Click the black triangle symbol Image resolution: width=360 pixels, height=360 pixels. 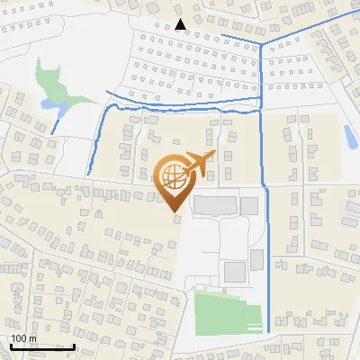pyautogui.click(x=182, y=24)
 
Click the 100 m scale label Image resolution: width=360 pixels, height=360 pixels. pyautogui.click(x=23, y=338)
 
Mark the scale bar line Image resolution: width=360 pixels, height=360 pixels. pyautogui.click(x=42, y=346)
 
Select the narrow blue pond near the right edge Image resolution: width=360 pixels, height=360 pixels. pyautogui.click(x=349, y=137)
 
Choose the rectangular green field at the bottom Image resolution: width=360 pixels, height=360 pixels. pyautogui.click(x=229, y=310)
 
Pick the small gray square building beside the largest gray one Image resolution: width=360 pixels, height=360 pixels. pyautogui.click(x=250, y=206)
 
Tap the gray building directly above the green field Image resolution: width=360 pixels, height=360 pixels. pyautogui.click(x=235, y=271)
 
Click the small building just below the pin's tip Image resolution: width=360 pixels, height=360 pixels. pyautogui.click(x=176, y=218)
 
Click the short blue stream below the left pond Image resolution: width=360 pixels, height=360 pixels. pyautogui.click(x=57, y=121)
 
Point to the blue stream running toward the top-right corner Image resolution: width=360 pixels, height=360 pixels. pyautogui.click(x=310, y=26)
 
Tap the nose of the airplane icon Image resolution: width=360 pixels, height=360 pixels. pyautogui.click(x=213, y=156)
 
